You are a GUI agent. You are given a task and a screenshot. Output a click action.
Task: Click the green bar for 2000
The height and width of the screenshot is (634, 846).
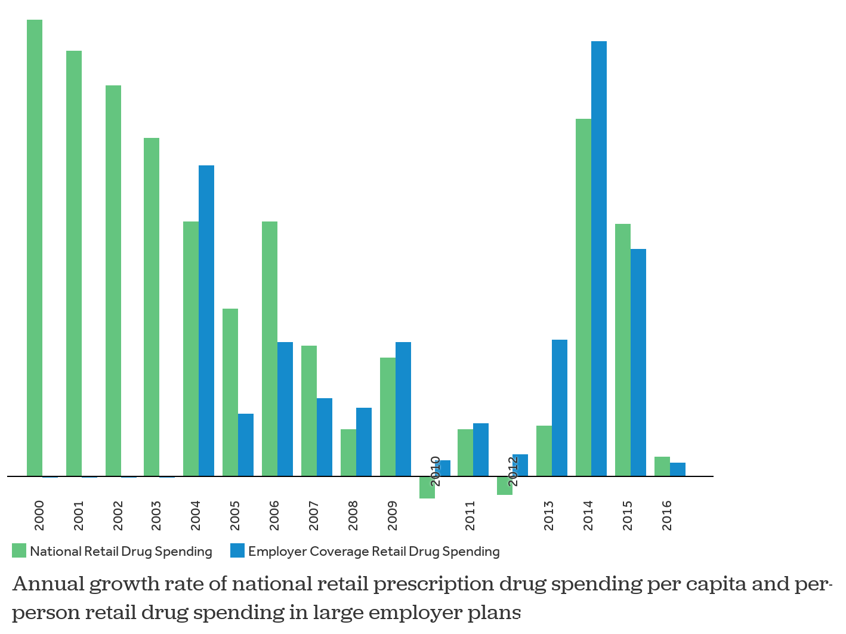click(x=35, y=248)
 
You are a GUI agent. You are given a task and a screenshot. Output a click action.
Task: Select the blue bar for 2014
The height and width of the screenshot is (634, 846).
click(x=599, y=258)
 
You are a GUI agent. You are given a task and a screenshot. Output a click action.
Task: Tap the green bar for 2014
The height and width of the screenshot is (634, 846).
click(x=583, y=297)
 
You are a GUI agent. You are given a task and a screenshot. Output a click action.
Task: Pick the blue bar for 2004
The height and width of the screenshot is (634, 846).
click(x=206, y=321)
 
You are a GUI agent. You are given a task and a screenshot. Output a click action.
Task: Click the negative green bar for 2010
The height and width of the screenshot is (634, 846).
click(x=427, y=488)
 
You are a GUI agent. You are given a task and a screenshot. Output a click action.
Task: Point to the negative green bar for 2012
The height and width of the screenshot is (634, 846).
click(x=505, y=486)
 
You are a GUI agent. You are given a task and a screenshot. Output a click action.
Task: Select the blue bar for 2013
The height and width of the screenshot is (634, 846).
click(x=560, y=408)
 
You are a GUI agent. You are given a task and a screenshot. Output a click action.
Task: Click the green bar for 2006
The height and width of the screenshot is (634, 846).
click(x=270, y=349)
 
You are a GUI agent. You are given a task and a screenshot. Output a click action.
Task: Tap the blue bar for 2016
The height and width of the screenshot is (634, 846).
click(x=678, y=469)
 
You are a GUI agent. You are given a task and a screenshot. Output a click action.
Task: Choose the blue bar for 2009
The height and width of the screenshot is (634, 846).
click(x=403, y=409)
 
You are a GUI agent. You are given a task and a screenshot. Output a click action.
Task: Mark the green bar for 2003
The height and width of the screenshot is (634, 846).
click(x=152, y=307)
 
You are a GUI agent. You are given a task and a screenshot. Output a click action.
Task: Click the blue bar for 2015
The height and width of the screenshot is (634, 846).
click(x=638, y=362)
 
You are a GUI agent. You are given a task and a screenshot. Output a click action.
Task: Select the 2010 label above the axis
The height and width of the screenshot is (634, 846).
click(x=436, y=471)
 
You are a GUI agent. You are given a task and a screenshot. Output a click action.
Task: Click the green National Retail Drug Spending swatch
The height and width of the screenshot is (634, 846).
click(x=19, y=551)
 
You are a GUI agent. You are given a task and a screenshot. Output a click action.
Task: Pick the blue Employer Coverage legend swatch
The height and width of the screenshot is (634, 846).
click(x=237, y=551)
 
